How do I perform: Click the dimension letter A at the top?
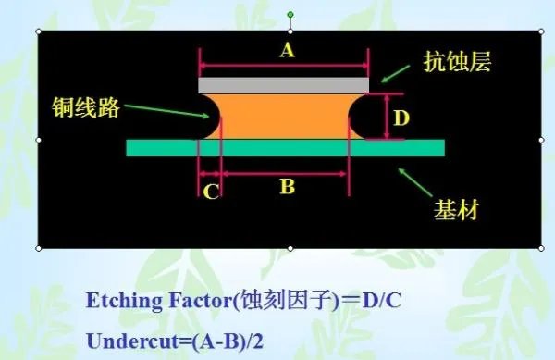point(287,52)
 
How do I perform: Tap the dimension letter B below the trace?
point(287,187)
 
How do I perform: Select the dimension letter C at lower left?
point(211,192)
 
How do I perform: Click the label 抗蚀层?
point(455,63)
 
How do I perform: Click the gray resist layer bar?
point(283,84)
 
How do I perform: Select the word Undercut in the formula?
point(123,340)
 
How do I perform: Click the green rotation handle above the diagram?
point(290,16)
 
